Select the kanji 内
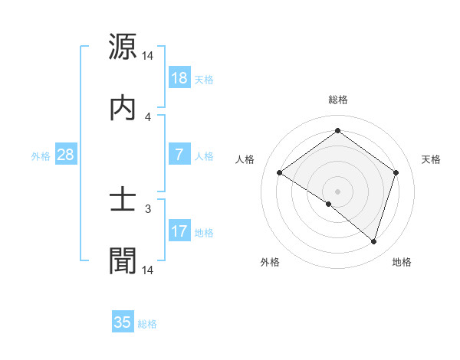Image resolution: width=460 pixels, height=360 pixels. tap(123, 108)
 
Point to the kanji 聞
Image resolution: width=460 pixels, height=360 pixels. tap(123, 260)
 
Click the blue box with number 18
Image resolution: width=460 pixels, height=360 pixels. tap(179, 78)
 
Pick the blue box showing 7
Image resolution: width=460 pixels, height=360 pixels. tap(179, 155)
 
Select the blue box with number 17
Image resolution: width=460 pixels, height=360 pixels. tap(179, 231)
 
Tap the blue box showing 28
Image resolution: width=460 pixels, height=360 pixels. tap(65, 155)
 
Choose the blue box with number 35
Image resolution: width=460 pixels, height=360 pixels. tap(123, 322)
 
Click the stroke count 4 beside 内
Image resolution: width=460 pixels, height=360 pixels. tap(148, 116)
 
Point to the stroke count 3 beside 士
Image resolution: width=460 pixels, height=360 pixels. tap(148, 208)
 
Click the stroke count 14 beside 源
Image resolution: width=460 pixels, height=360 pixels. tap(148, 56)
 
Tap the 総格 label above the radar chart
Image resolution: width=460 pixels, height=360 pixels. tap(337, 100)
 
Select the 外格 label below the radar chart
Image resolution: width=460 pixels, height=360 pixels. tap(270, 262)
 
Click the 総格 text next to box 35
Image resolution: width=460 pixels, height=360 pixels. tap(147, 324)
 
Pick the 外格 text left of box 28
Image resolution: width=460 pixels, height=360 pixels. tap(41, 156)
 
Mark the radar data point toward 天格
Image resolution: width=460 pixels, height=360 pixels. tap(396, 172)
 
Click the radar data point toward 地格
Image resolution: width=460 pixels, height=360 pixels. tap(373, 241)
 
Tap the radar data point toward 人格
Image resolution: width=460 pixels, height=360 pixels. tap(279, 173)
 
